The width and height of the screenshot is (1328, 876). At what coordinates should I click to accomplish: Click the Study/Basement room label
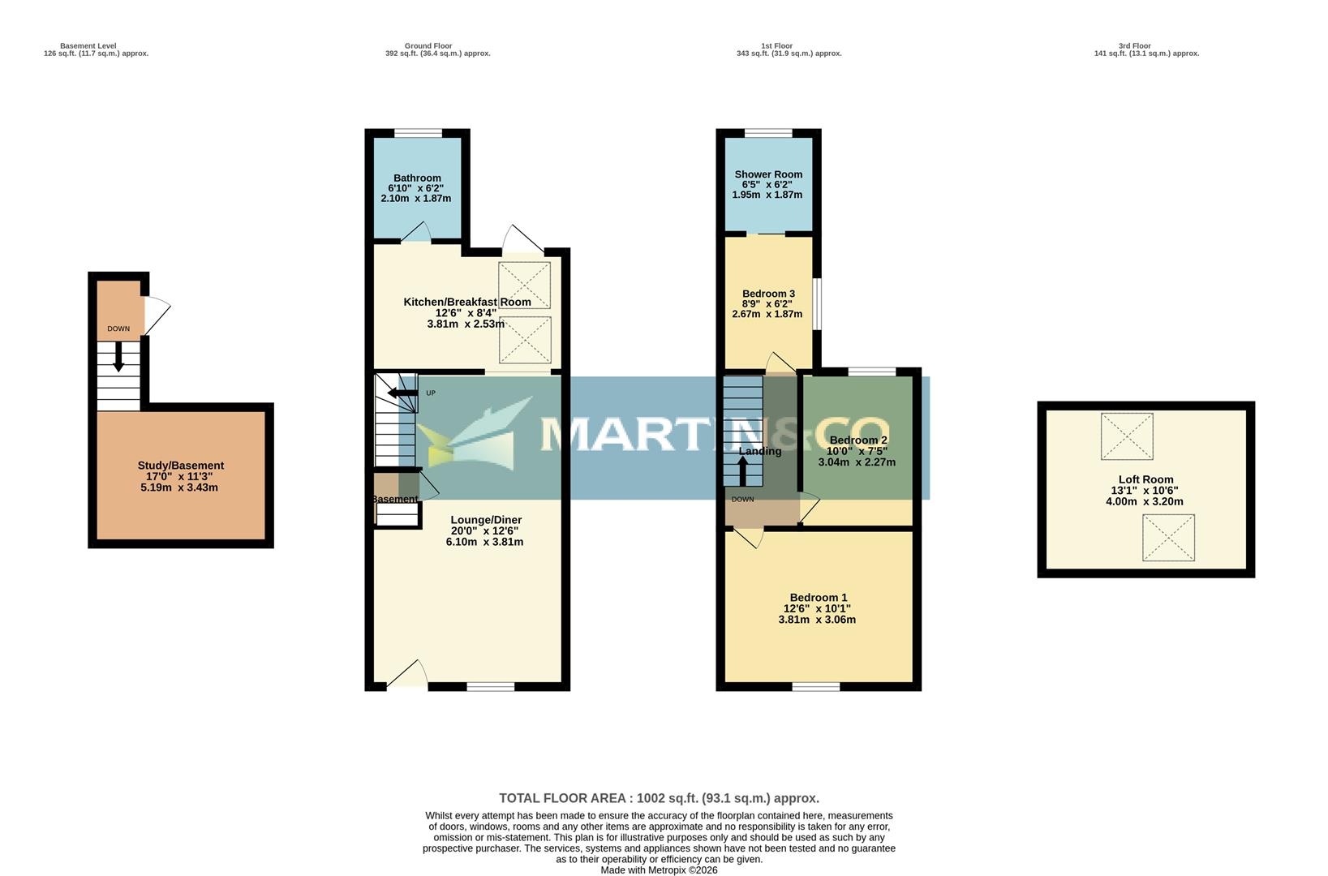click(180, 466)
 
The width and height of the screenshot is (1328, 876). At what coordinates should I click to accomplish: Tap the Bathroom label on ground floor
click(417, 178)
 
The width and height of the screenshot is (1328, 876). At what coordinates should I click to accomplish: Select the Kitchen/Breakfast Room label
click(467, 302)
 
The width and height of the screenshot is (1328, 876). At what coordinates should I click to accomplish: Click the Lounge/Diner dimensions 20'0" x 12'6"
click(485, 531)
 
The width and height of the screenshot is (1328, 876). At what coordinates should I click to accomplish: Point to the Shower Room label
click(768, 174)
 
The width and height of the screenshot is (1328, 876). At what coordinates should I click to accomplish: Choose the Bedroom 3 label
click(768, 294)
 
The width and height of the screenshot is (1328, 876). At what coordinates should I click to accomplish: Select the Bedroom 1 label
click(818, 598)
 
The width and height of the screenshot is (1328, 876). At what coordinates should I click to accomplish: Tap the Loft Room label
click(1145, 479)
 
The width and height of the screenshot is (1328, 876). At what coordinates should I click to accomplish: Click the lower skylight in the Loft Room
click(1168, 537)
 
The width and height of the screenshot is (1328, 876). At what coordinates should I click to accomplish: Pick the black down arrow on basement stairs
click(118, 357)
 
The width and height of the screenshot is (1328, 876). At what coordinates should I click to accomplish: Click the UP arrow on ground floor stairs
click(402, 393)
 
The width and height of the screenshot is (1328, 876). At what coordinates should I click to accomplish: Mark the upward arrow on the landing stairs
click(742, 471)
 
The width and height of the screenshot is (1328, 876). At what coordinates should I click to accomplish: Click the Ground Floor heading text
click(428, 46)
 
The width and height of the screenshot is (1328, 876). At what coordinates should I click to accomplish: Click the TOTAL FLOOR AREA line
click(659, 798)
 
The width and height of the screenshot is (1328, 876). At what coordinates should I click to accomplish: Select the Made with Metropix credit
click(659, 870)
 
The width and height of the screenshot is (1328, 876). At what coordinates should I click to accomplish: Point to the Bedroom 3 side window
click(818, 304)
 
